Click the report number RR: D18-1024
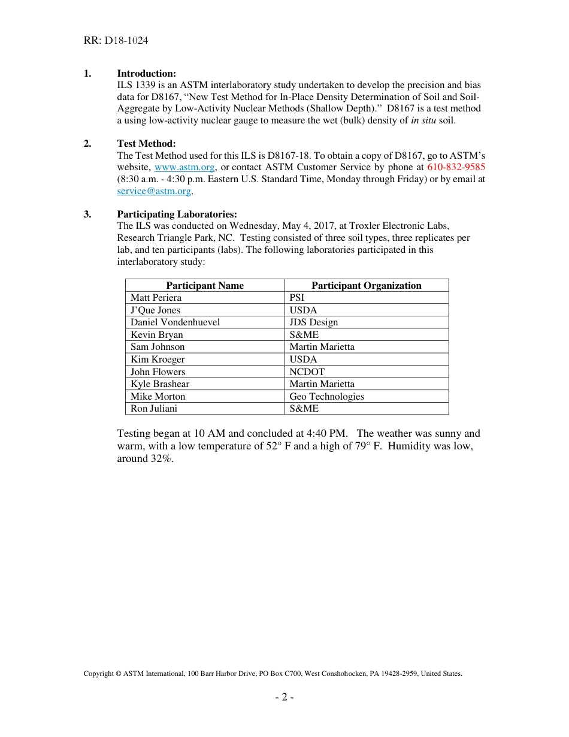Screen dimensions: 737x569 [116, 41]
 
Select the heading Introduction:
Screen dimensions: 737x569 [146, 74]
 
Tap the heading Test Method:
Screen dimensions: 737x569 [146, 144]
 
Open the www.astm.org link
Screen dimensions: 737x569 [184, 167]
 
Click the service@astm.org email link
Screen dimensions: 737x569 [154, 191]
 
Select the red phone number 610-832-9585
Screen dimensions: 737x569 [456, 167]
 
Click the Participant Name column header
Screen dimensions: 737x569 [205, 286]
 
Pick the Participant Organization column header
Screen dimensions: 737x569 [366, 286]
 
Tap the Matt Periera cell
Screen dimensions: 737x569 [156, 298]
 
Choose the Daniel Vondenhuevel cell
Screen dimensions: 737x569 [175, 322]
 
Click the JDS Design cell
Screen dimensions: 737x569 [313, 322]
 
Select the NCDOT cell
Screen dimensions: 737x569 [307, 372]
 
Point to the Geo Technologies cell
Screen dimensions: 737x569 [326, 397]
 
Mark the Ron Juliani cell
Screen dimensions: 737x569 [154, 409]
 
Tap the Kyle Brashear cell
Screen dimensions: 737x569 [160, 384]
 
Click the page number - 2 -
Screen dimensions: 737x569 [284, 697]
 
